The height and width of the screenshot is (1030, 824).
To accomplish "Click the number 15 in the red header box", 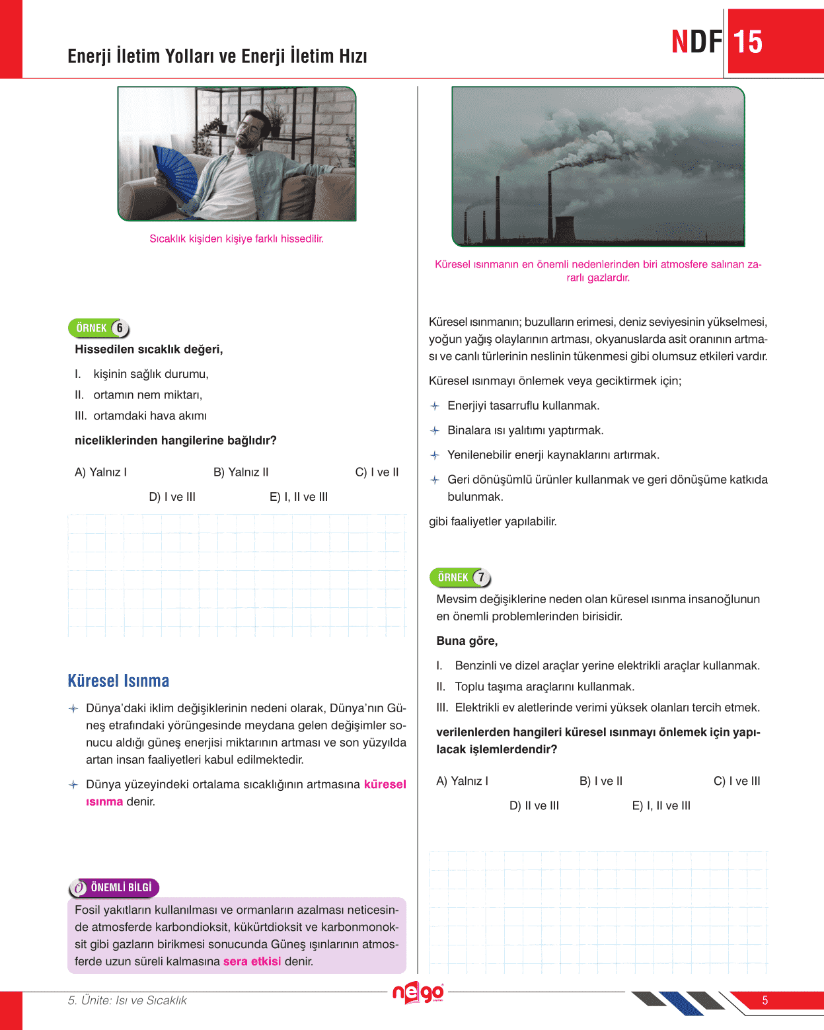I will (x=748, y=42).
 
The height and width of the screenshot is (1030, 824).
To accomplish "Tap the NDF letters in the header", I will (x=696, y=42).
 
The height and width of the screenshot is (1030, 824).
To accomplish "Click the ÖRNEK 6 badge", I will (x=99, y=328).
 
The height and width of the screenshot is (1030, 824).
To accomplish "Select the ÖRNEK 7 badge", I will (x=461, y=577).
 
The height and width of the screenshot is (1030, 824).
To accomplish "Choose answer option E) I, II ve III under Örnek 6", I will (x=299, y=497).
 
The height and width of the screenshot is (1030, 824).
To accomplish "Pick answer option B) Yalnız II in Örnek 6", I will (x=241, y=472).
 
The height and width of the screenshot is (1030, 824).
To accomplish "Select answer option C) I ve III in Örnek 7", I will (x=737, y=781).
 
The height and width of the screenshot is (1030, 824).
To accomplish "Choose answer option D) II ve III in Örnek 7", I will (x=534, y=805).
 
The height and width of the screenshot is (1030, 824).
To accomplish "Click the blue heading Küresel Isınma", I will (x=118, y=681).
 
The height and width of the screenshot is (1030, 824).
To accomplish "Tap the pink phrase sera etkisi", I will (x=252, y=961).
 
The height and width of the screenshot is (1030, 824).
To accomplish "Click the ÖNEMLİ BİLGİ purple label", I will (x=114, y=887).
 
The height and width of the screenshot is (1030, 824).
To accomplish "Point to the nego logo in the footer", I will (x=418, y=993).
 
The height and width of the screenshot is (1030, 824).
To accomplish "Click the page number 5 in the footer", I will (x=765, y=1000).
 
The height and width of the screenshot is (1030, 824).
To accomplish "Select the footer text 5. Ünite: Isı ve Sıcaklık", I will (x=127, y=1000).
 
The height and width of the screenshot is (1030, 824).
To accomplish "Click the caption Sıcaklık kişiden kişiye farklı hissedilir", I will (x=237, y=239).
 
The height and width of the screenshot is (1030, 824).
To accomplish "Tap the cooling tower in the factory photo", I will (x=564, y=230).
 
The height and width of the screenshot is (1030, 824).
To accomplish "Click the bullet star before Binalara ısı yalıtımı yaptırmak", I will (x=435, y=431).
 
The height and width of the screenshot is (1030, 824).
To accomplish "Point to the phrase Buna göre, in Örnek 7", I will (x=467, y=641).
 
